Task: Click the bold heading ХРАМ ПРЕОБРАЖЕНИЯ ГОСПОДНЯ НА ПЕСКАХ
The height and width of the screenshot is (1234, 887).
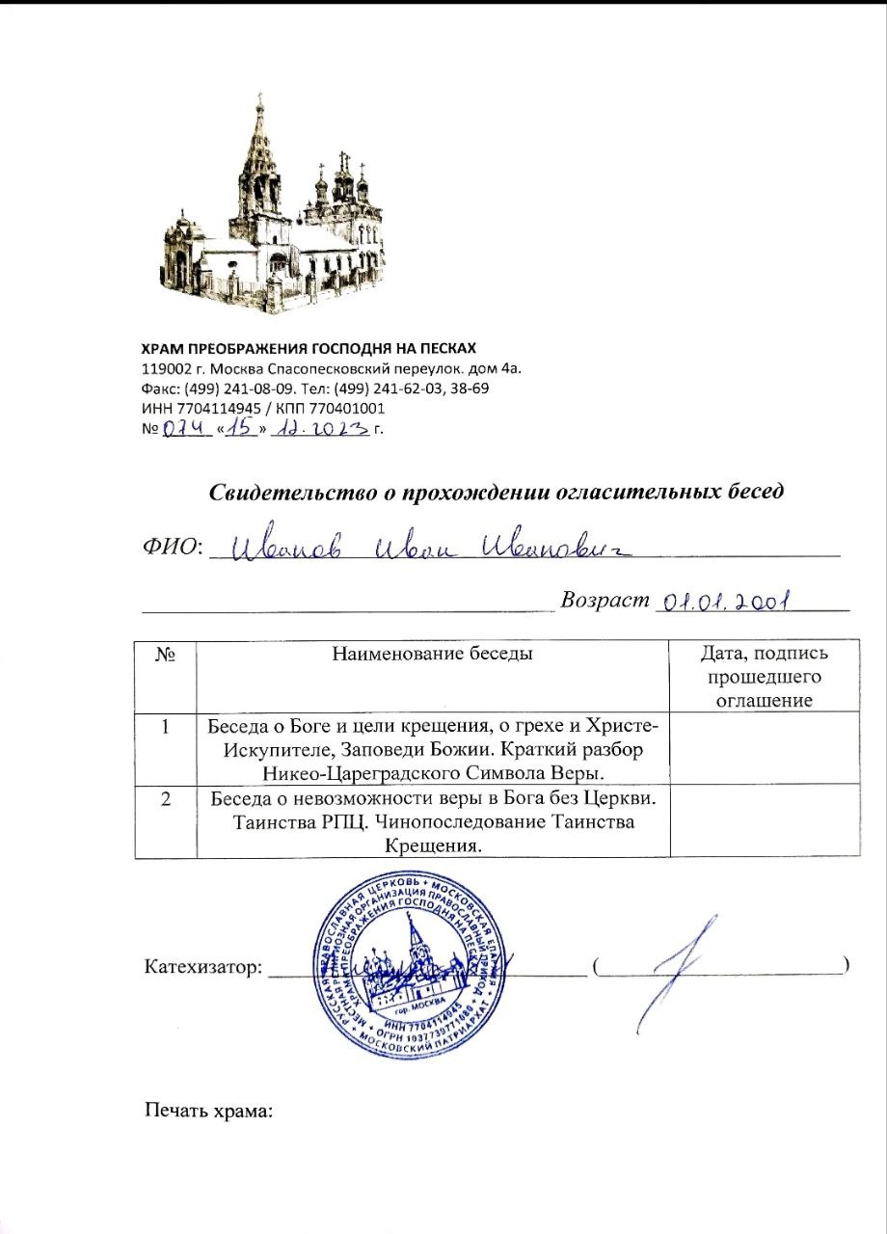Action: click(309, 348)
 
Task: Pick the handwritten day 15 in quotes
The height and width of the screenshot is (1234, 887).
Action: click(241, 430)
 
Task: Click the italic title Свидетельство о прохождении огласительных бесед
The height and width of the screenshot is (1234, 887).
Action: click(497, 491)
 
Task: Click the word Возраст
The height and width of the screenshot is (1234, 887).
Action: click(603, 600)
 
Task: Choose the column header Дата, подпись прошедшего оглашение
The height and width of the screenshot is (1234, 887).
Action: click(763, 677)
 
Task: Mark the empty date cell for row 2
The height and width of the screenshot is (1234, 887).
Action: click(763, 820)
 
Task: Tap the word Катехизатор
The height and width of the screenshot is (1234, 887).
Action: click(202, 966)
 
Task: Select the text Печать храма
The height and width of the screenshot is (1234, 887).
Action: click(209, 1111)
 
